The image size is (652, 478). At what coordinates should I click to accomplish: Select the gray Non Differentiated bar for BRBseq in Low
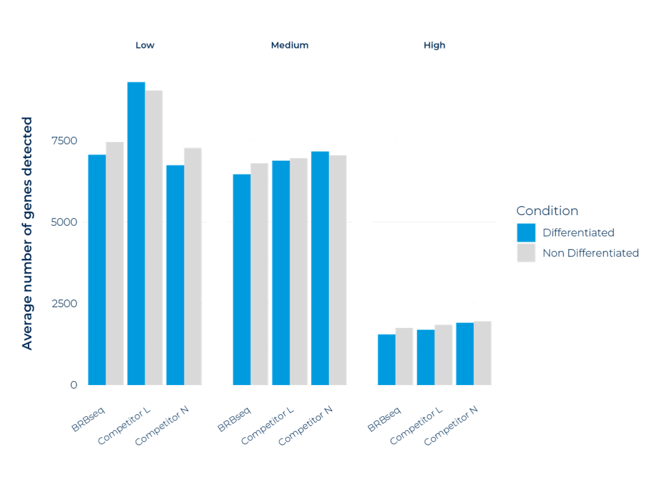115,263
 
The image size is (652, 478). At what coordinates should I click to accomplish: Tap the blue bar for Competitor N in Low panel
175,275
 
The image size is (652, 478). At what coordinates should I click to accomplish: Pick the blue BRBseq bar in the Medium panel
241,279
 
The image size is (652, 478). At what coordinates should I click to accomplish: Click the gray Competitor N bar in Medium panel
338,270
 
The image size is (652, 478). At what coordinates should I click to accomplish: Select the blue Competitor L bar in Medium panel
280,272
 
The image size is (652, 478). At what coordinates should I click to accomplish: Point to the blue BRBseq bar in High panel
386,359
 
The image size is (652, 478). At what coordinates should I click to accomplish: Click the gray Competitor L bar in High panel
443,355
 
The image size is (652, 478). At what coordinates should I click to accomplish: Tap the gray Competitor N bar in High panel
483,353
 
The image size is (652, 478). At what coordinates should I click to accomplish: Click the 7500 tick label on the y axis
65,140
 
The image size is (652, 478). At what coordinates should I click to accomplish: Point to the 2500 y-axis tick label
65,303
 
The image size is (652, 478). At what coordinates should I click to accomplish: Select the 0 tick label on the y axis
73,384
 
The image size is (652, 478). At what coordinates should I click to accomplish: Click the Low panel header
145,46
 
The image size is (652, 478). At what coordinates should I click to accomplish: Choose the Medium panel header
289,46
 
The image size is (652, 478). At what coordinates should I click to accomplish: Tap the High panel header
434,46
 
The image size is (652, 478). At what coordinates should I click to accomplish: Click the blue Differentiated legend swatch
526,232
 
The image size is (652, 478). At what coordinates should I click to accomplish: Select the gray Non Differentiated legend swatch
526,252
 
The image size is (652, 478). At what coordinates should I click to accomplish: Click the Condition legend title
547,211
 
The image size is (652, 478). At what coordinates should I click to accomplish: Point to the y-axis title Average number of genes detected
27,233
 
